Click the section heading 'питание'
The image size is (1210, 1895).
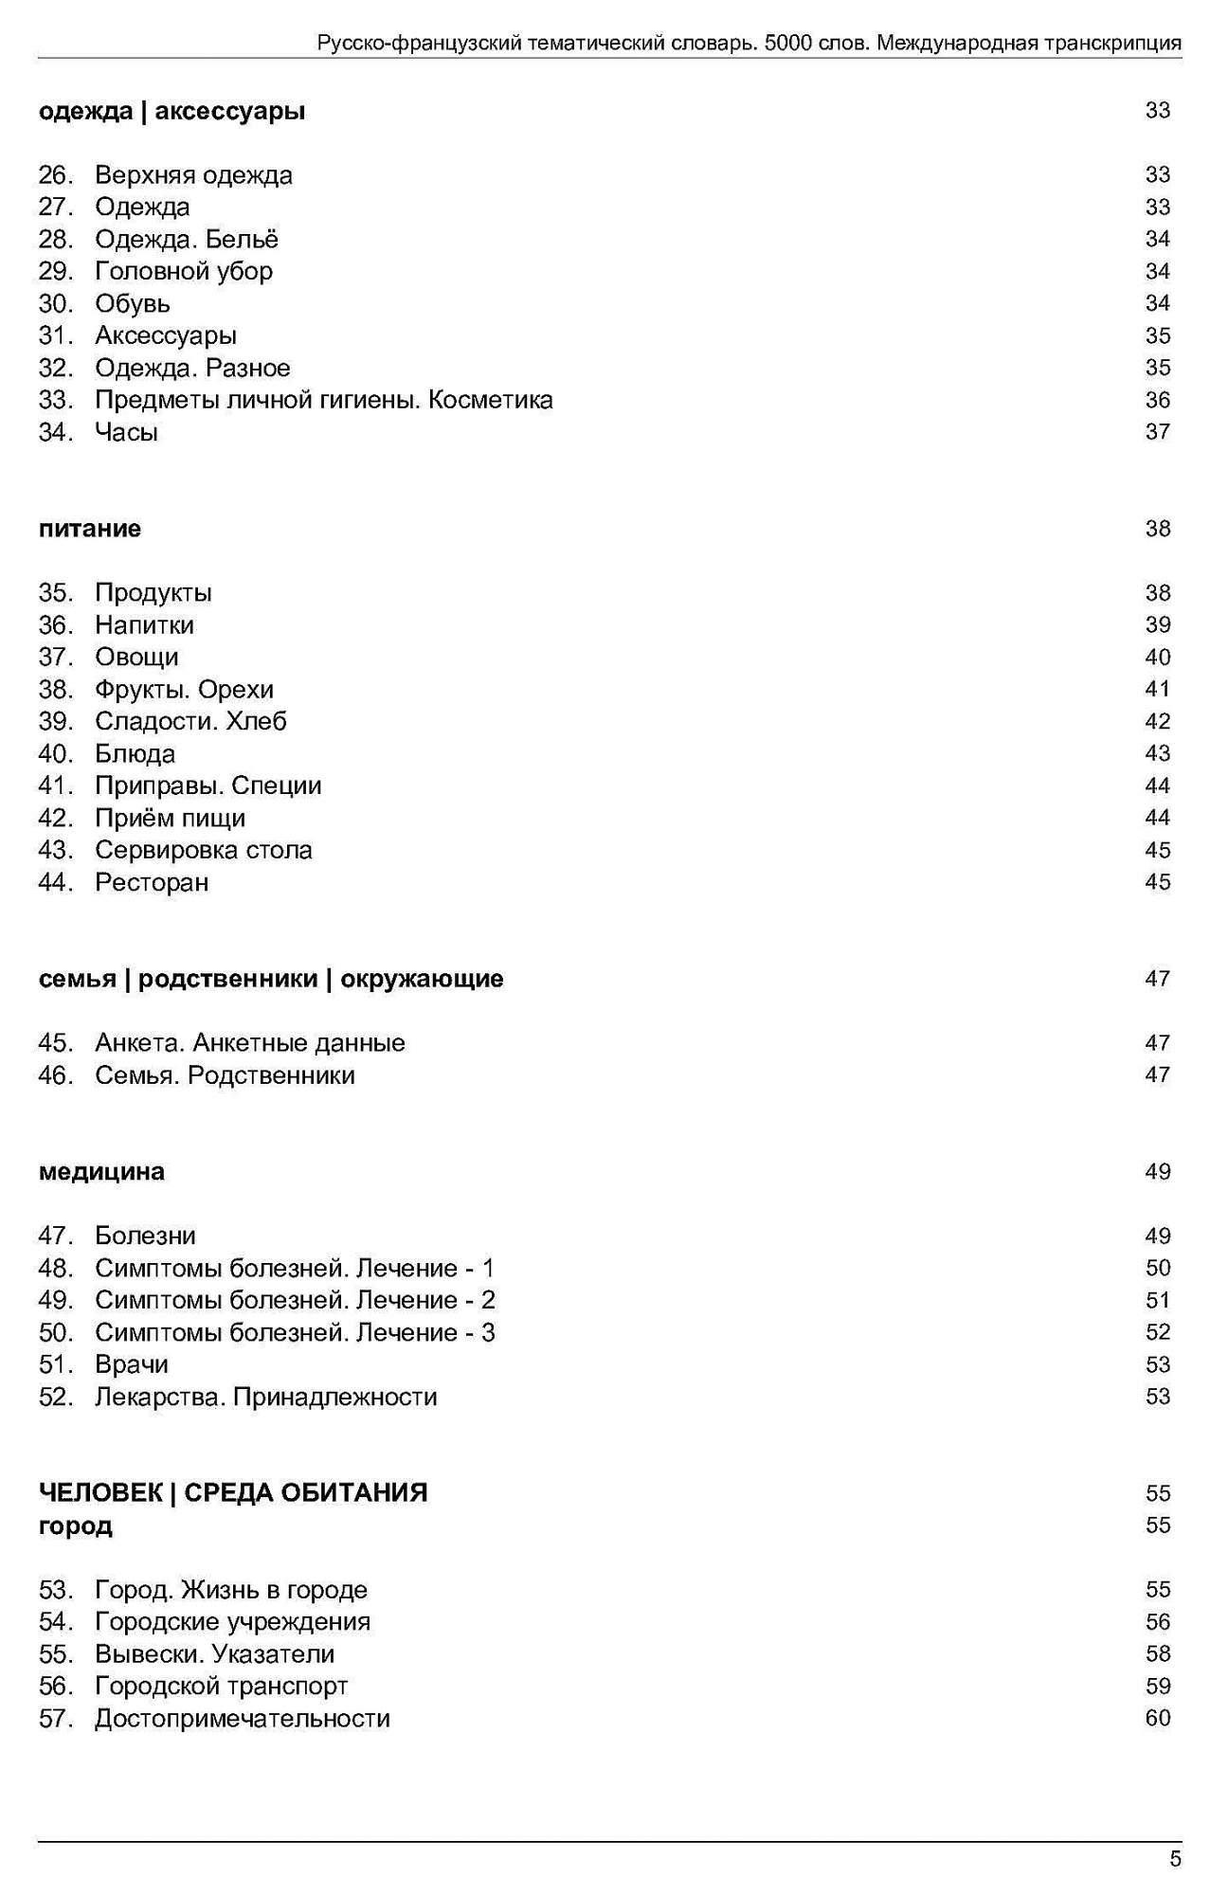[90, 529]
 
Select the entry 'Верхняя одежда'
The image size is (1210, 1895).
[193, 175]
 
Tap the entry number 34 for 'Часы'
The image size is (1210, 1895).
[55, 432]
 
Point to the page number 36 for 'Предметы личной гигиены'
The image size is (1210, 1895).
[1157, 400]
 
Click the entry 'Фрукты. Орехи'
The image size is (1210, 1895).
[184, 690]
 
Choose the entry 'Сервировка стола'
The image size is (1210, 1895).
[203, 850]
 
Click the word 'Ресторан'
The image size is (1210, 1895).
[152, 882]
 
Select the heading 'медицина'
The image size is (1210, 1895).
[101, 1172]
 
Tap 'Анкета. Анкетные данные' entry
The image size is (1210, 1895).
[249, 1043]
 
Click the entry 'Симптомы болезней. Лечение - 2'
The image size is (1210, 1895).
[295, 1300]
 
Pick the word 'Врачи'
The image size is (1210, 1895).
[132, 1364]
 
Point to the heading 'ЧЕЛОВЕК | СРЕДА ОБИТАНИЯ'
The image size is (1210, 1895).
[233, 1493]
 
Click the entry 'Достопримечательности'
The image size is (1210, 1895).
[242, 1719]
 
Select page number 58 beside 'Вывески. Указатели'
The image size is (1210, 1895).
[1157, 1654]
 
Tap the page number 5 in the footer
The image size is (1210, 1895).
[1175, 1859]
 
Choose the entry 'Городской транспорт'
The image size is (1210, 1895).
[221, 1687]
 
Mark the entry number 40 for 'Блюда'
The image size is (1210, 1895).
[55, 754]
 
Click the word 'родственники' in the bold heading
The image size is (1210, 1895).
[227, 979]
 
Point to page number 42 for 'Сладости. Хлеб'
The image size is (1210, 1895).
[1157, 722]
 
